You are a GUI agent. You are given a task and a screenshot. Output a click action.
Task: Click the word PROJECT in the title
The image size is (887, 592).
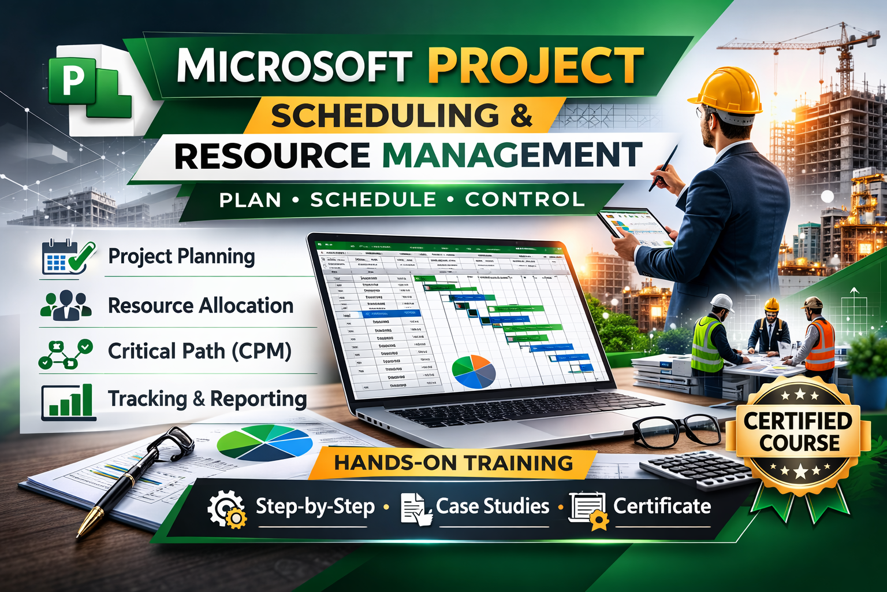point(535,65)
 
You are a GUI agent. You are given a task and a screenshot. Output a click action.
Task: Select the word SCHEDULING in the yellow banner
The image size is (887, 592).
point(385,116)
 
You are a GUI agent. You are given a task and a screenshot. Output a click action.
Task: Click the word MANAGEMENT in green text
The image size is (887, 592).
point(512,155)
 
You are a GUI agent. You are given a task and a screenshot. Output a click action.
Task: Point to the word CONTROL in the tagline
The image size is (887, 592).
point(525,199)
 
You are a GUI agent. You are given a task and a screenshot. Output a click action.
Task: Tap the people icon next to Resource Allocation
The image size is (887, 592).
point(66,305)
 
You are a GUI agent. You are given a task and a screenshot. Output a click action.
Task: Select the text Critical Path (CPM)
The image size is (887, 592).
point(199,351)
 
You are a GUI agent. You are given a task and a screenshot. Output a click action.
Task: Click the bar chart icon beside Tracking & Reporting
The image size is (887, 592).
point(68,401)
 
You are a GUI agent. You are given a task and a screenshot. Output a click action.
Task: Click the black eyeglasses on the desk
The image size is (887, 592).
point(676,431)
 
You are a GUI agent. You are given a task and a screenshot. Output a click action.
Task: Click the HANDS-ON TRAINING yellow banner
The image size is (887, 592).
point(453,463)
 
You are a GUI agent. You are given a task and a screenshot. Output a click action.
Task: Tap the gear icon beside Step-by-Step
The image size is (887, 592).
point(227,508)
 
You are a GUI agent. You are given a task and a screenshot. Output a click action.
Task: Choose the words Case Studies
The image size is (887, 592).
point(492,506)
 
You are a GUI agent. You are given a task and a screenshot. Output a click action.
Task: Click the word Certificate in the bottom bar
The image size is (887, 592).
point(662,506)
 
